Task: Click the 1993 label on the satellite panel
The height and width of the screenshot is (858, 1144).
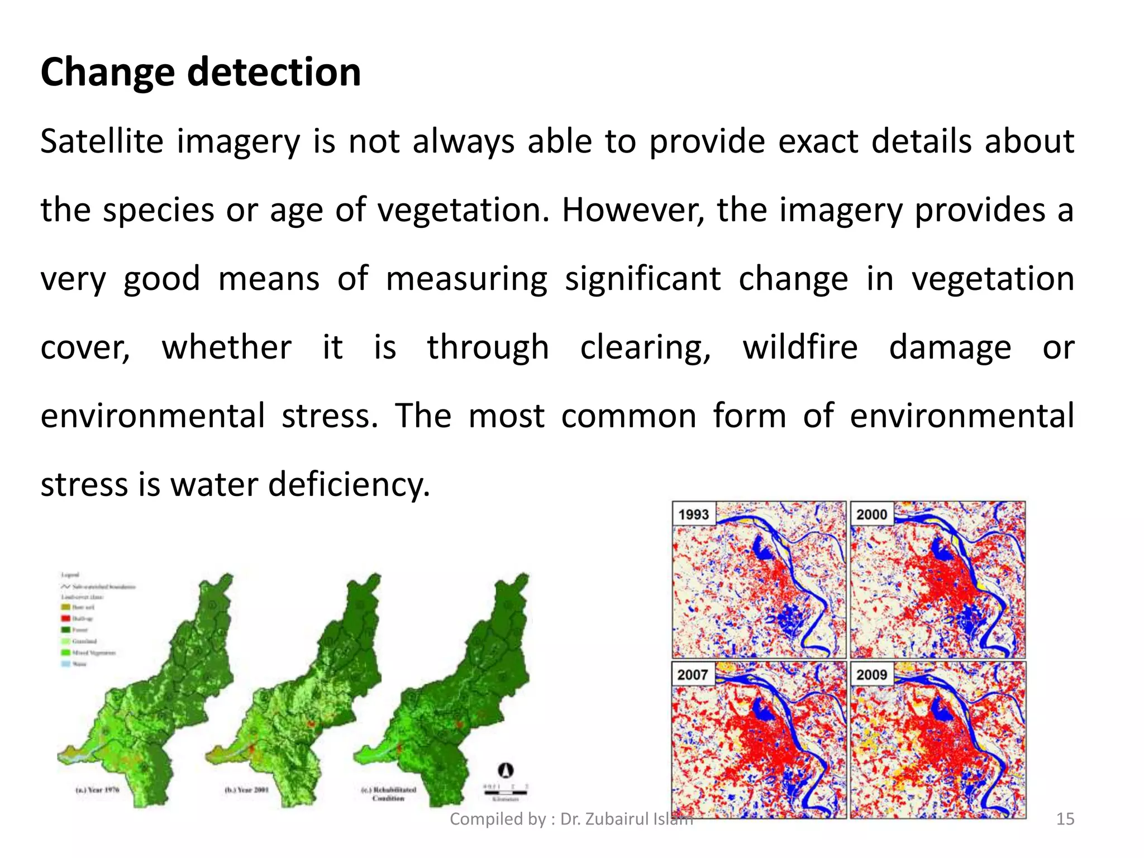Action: point(693,514)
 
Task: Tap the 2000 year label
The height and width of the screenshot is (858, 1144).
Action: point(871,514)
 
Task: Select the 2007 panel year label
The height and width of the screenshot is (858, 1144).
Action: point(693,675)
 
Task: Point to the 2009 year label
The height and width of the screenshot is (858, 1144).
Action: point(871,675)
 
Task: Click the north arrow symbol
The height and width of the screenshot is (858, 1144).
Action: point(506,770)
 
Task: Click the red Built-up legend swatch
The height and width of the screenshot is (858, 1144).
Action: point(65,618)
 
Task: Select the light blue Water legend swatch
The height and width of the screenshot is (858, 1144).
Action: point(65,664)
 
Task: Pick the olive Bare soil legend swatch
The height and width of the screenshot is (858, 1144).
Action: point(65,607)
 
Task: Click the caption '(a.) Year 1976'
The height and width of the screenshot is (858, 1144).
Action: point(97,790)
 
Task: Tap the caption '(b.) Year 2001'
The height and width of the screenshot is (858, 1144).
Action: point(246,790)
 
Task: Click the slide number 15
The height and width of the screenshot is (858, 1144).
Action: point(1065,819)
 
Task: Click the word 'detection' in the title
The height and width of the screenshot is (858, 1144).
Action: point(274,73)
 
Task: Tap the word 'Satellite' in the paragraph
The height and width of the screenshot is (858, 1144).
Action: point(102,141)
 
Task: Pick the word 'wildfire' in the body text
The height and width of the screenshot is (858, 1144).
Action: point(800,347)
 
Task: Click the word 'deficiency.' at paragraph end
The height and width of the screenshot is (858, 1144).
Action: point(349,484)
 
